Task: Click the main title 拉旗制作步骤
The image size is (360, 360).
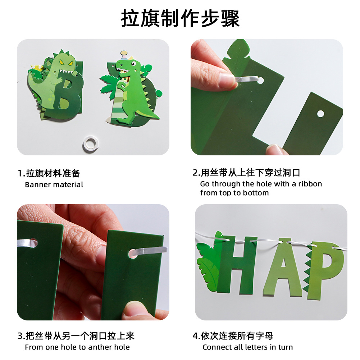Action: pyautogui.click(x=180, y=18)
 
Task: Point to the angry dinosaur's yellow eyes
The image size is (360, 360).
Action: pyautogui.click(x=66, y=62)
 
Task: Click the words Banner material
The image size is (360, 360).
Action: pyautogui.click(x=54, y=184)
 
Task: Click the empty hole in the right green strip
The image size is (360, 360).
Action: pyautogui.click(x=320, y=114)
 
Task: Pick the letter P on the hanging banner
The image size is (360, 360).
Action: pyautogui.click(x=325, y=270)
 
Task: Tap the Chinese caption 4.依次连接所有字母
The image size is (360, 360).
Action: pyautogui.click(x=233, y=336)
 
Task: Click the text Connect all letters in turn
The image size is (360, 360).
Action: pyautogui.click(x=247, y=347)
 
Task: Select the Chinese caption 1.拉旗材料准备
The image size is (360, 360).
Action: pyautogui.click(x=49, y=173)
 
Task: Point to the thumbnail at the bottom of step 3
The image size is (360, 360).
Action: pyautogui.click(x=134, y=309)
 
